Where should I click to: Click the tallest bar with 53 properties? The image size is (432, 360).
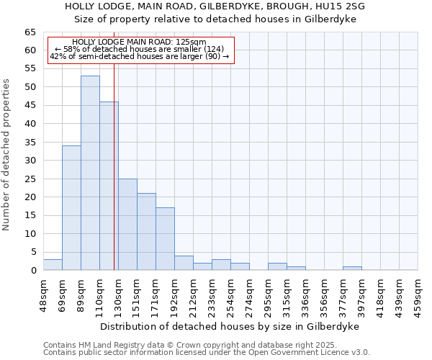(90, 173)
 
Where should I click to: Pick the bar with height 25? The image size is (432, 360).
(127, 225)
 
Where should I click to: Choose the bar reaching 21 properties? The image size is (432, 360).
(146, 232)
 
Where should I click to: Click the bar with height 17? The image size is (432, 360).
(165, 239)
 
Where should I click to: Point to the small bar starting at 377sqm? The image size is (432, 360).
(352, 269)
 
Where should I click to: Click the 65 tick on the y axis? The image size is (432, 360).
(30, 32)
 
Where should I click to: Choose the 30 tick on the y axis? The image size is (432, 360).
(30, 161)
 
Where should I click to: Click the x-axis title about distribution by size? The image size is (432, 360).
(230, 326)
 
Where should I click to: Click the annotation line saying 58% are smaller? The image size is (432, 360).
(140, 49)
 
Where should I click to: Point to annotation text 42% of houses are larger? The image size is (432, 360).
(140, 56)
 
